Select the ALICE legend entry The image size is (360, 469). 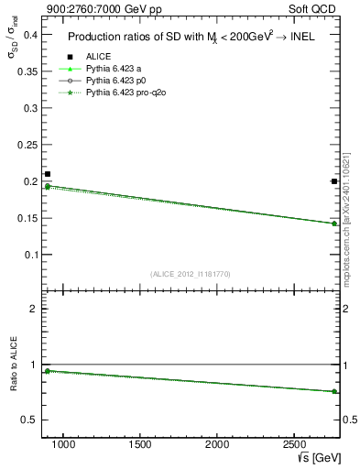point(99,57)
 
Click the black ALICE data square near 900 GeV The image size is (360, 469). point(48,174)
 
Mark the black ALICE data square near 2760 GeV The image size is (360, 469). point(334,181)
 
